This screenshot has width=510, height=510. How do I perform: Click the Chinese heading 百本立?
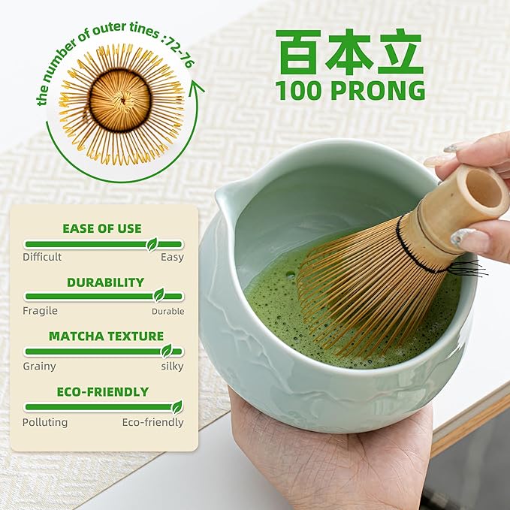click(x=349, y=52)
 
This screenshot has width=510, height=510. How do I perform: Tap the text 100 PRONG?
click(x=349, y=90)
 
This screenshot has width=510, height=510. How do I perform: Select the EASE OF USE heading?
click(x=102, y=228)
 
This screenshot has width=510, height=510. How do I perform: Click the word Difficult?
click(x=42, y=257)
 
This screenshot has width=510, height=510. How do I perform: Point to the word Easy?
click(x=171, y=257)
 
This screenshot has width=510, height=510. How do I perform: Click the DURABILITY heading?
click(x=105, y=282)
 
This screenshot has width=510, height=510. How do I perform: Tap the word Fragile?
click(x=40, y=310)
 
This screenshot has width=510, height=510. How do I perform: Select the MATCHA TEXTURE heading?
click(x=106, y=336)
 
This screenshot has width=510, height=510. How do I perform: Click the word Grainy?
click(x=39, y=367)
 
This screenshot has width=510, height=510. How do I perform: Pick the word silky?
click(x=171, y=367)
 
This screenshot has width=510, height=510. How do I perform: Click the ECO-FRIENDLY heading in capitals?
click(x=103, y=391)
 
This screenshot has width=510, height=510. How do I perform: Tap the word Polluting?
click(x=45, y=422)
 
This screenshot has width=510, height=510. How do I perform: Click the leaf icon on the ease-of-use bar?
click(x=152, y=244)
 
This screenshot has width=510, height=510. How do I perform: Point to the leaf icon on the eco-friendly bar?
click(x=177, y=407)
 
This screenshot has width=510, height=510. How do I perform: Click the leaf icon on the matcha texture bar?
click(x=167, y=351)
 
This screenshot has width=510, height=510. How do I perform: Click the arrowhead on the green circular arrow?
click(x=197, y=89)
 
